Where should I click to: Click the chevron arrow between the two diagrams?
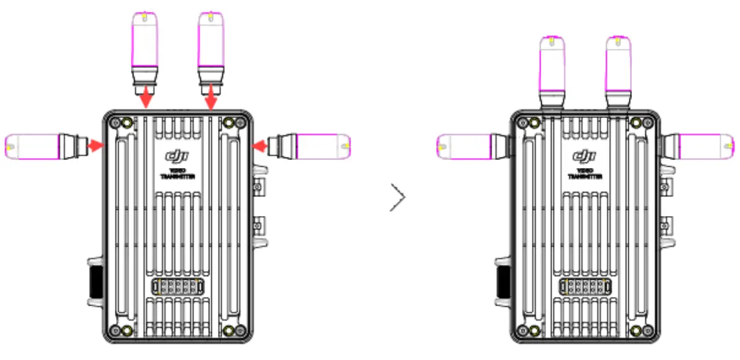pyautogui.click(x=398, y=199)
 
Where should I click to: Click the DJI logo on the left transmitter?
pyautogui.click(x=177, y=156)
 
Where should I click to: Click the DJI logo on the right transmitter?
pyautogui.click(x=585, y=156)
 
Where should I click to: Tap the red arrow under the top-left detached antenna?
pyautogui.click(x=146, y=98)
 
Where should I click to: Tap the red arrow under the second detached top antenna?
pyautogui.click(x=211, y=98)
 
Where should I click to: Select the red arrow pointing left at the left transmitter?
pyautogui.click(x=261, y=146)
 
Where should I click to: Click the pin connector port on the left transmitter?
pyautogui.click(x=177, y=287)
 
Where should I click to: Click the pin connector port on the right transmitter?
pyautogui.click(x=585, y=287)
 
